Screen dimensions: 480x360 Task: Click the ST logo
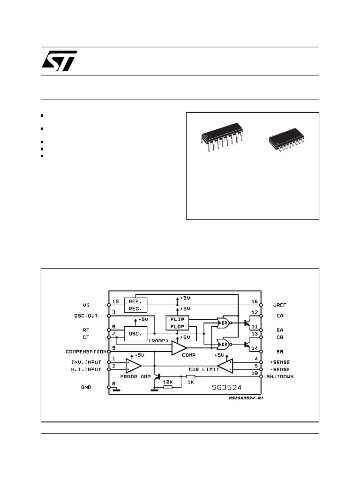[60, 61]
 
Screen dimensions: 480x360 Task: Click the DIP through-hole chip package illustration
[222, 136]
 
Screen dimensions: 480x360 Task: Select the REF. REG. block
[135, 305]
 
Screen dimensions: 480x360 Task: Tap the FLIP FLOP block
[177, 322]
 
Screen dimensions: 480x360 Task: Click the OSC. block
[135, 333]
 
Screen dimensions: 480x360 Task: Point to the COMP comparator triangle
[178, 348]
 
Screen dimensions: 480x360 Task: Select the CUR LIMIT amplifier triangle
[225, 366]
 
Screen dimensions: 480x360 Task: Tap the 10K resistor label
[168, 382]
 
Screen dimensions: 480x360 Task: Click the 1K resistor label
[191, 382]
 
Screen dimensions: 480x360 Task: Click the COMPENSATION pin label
[86, 351]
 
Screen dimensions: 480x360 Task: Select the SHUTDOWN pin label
[280, 376]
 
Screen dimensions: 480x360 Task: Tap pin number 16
[255, 302]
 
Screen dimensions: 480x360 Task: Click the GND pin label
[86, 388]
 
